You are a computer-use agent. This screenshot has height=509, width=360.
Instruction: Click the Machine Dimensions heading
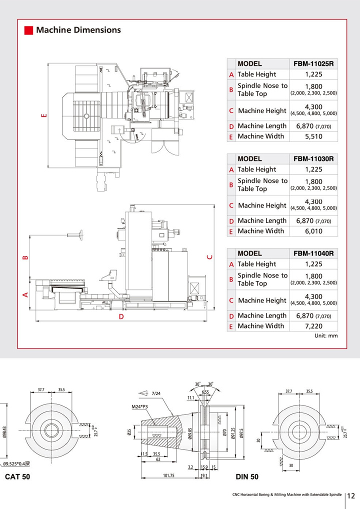click(78, 30)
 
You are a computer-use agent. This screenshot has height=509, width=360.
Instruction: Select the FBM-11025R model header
click(313, 64)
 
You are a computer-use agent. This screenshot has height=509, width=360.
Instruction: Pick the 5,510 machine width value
click(313, 136)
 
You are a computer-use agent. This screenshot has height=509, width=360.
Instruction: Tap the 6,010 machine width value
click(313, 231)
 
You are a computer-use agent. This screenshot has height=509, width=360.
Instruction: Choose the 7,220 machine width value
click(313, 326)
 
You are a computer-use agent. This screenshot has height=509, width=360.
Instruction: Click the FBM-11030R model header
click(313, 158)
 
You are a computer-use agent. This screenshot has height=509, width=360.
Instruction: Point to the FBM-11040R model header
click(313, 253)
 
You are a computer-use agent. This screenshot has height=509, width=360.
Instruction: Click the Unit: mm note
click(326, 336)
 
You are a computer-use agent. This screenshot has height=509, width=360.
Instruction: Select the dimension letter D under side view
click(120, 317)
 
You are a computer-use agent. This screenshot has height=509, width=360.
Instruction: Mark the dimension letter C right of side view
click(210, 257)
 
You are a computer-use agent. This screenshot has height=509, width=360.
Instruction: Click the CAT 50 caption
click(17, 477)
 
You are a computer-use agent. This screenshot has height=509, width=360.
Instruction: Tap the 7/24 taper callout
click(156, 393)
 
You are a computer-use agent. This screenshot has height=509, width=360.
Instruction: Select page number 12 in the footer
click(350, 495)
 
